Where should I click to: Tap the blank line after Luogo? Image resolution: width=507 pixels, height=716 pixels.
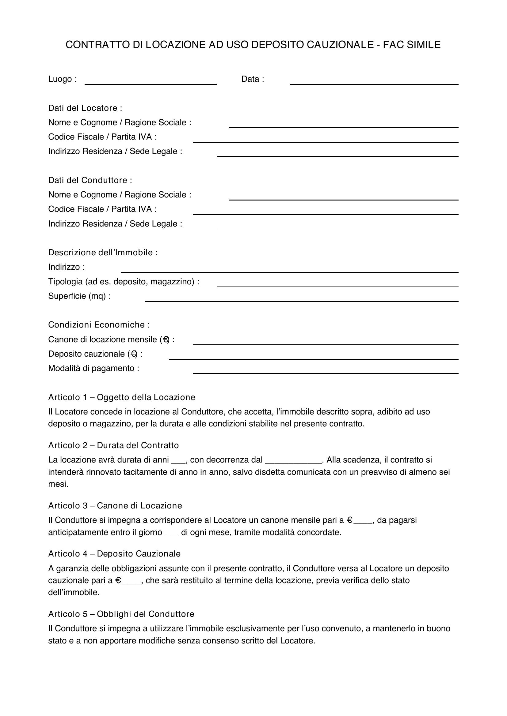click(151, 82)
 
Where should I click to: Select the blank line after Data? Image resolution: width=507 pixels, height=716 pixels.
click(374, 82)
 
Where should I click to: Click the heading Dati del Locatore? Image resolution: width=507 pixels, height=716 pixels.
click(85, 108)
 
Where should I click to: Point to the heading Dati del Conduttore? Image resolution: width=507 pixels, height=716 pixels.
click(90, 180)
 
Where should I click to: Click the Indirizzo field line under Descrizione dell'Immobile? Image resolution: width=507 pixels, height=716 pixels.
click(289, 270)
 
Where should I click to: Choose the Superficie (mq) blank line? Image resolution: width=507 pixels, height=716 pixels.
click(301, 299)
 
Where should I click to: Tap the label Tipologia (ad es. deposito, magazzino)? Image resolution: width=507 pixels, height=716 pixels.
click(124, 282)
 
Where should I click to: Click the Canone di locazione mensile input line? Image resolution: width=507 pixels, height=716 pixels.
click(326, 342)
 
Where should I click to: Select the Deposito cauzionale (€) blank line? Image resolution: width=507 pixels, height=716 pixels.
click(314, 357)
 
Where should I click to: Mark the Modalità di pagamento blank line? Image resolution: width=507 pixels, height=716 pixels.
click(326, 371)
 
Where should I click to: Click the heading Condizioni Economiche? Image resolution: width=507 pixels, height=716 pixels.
click(99, 325)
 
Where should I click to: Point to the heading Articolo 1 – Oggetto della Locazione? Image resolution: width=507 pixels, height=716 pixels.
click(121, 397)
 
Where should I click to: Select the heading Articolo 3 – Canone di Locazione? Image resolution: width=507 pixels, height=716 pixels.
click(115, 505)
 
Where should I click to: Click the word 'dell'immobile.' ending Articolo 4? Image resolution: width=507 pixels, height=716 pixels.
click(74, 592)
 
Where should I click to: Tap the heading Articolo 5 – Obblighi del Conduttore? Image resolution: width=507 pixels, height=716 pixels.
click(121, 614)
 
